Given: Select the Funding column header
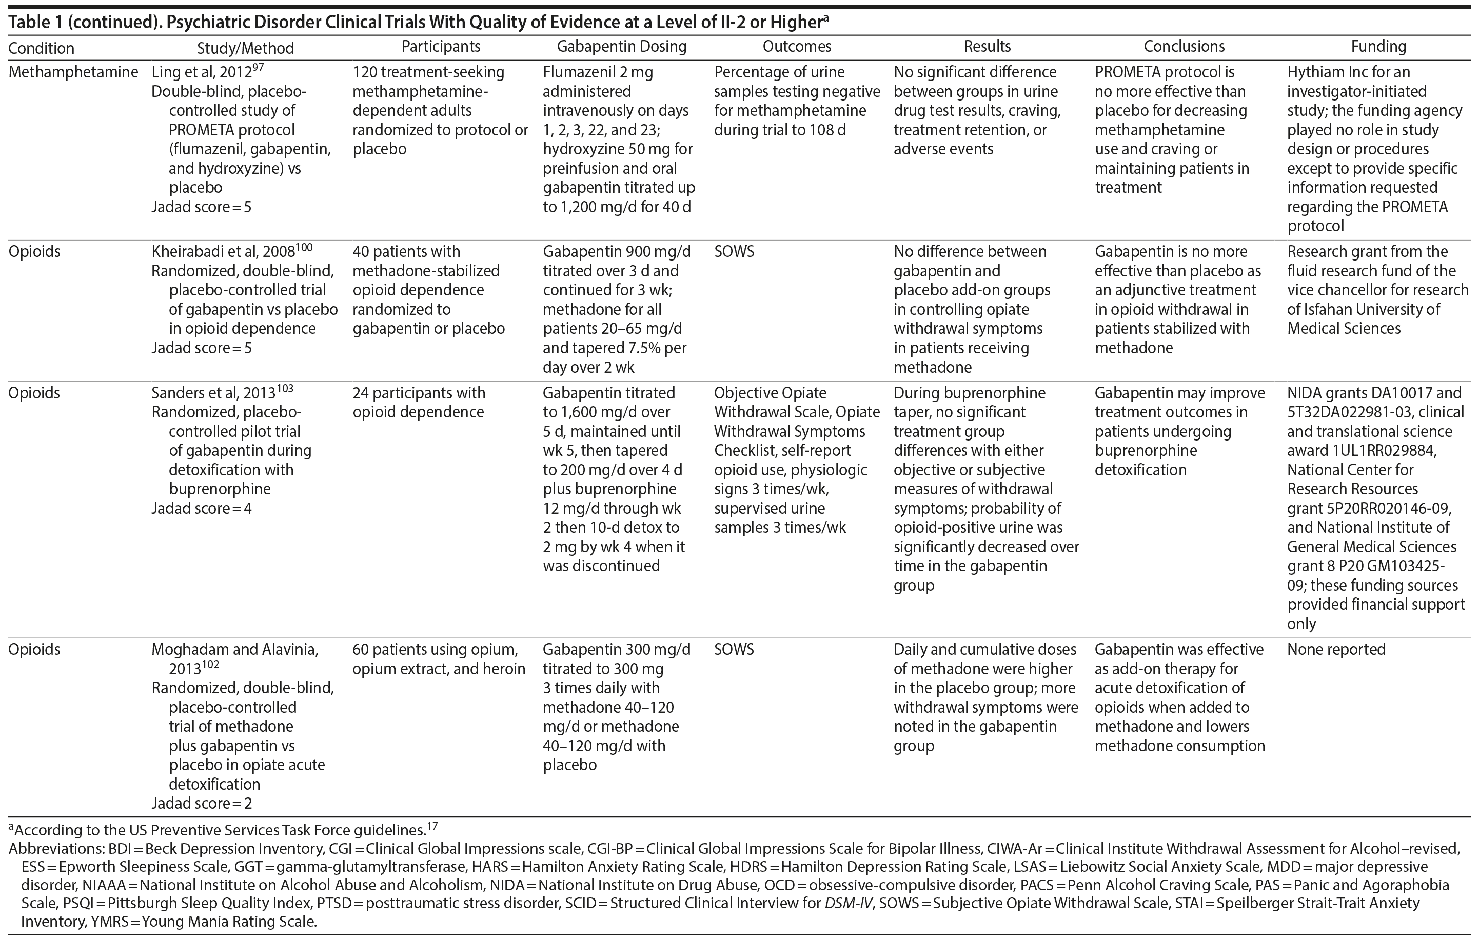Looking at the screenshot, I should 1378,47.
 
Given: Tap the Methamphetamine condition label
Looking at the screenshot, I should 73,72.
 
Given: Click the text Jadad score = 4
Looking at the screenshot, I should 202,509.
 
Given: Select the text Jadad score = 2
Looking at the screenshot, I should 202,803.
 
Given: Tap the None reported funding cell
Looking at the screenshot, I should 1336,650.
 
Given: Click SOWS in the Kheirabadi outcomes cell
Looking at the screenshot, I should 734,252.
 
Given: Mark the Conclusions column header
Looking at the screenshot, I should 1184,47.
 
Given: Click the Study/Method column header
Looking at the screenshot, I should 245,48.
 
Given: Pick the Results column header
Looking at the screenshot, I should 987,47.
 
